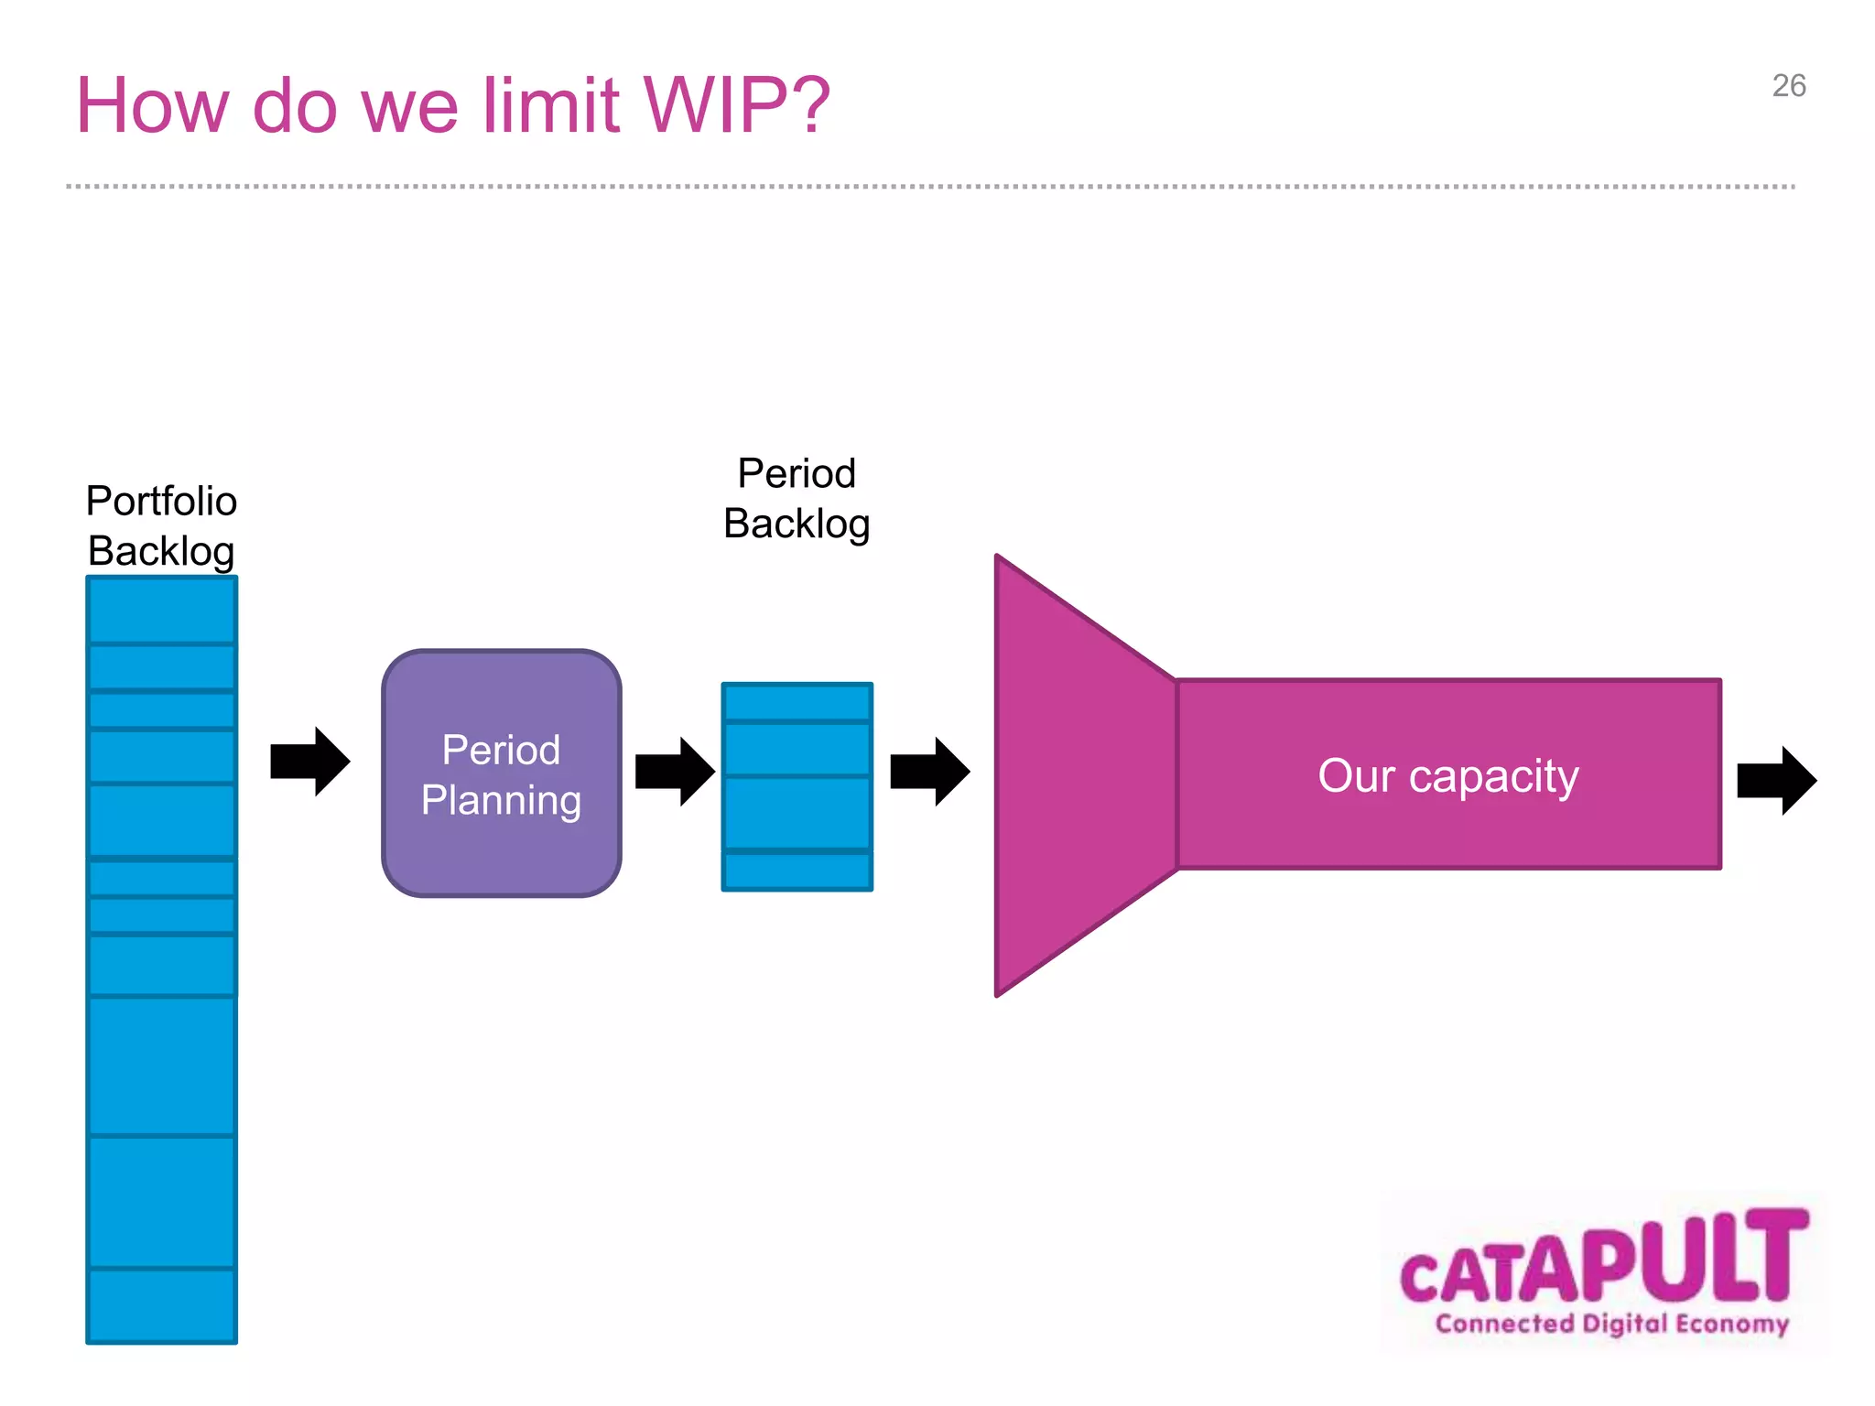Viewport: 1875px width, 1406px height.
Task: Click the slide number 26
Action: click(x=1788, y=86)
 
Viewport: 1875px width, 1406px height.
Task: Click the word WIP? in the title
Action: click(x=736, y=106)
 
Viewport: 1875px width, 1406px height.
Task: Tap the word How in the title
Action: click(x=152, y=106)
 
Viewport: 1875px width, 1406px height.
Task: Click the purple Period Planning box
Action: click(x=502, y=773)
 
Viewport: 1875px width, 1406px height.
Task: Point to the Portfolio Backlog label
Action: click(x=161, y=525)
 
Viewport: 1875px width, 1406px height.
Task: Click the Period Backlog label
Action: click(x=797, y=499)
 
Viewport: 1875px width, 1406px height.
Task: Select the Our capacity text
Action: click(x=1447, y=776)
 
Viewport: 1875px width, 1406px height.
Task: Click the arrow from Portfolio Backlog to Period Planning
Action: click(x=309, y=762)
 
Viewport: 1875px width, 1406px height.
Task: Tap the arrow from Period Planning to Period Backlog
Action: click(x=675, y=772)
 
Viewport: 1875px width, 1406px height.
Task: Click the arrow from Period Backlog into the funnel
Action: click(x=929, y=772)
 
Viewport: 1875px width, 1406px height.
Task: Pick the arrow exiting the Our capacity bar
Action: click(x=1776, y=781)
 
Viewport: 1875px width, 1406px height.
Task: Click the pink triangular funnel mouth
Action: click(x=1071, y=774)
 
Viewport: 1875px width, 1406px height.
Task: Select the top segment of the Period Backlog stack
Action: click(x=797, y=702)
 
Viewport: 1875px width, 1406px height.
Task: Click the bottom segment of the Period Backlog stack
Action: click(x=797, y=871)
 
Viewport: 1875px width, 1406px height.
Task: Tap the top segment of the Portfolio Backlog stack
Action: click(x=161, y=611)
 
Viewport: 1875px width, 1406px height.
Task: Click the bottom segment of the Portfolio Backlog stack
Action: click(x=161, y=1305)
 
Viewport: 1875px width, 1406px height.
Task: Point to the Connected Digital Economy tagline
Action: click(x=1611, y=1324)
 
